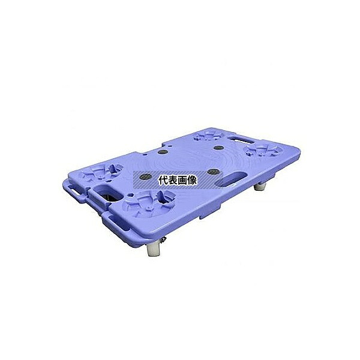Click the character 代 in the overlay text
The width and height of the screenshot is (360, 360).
tap(163, 181)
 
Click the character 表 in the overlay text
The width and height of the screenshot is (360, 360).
tap(173, 181)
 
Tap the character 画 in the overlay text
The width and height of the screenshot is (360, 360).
tap(182, 181)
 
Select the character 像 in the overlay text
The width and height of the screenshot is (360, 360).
tap(192, 181)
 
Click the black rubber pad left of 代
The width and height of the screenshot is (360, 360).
tap(146, 176)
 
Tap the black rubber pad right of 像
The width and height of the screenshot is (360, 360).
tap(213, 171)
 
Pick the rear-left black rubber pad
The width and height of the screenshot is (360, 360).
tap(163, 152)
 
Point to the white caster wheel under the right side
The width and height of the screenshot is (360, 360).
tap(260, 186)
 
